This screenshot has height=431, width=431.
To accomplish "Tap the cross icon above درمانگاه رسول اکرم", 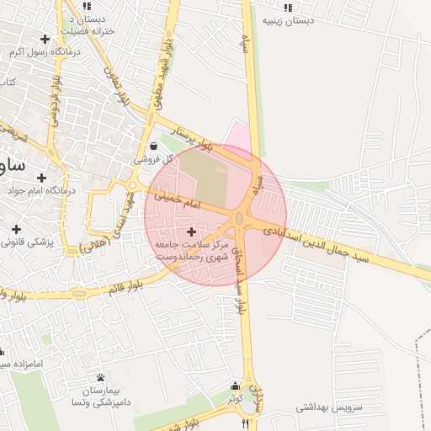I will tap(45, 39).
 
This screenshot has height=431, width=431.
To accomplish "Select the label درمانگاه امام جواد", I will tap(41, 190).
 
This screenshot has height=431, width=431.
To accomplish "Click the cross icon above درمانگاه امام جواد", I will tap(43, 177).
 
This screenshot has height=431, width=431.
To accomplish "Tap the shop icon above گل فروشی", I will tap(152, 146).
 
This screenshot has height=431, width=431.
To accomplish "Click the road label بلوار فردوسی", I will tap(56, 102).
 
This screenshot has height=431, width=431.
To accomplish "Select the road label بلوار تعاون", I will tap(118, 85).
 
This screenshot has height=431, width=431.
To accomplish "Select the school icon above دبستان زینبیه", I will tap(288, 7).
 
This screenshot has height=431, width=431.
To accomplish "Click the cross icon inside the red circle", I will tap(192, 231).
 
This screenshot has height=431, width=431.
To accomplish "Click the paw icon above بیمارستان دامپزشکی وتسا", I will tap(101, 376).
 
